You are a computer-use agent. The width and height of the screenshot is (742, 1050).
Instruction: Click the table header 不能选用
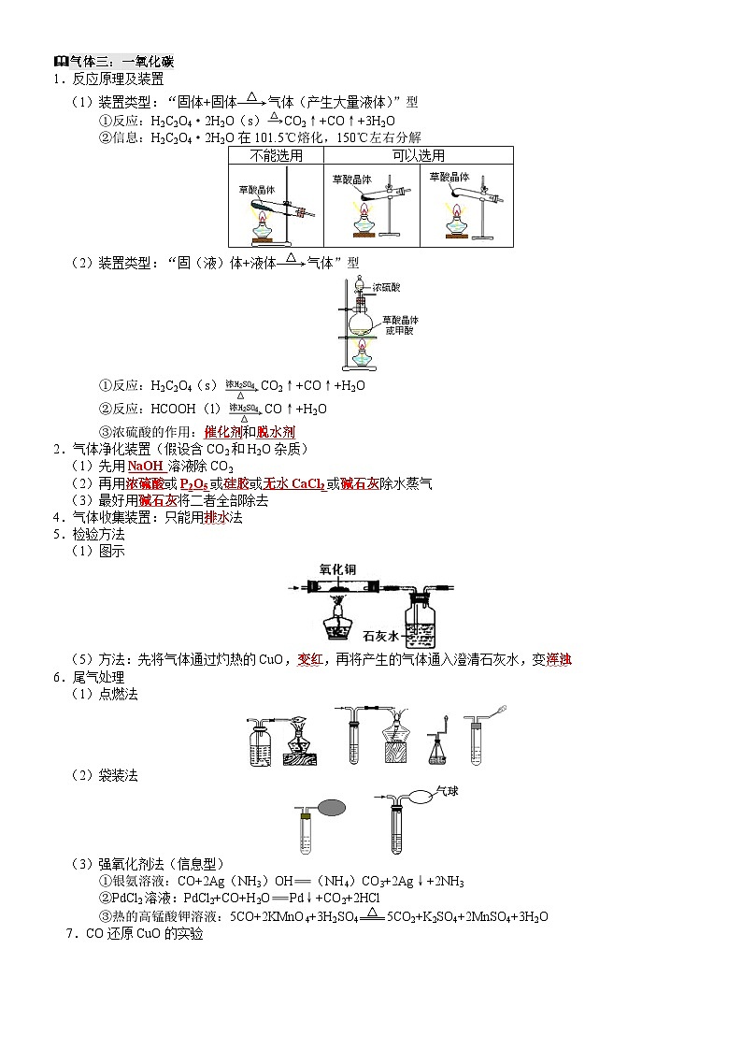click(x=276, y=156)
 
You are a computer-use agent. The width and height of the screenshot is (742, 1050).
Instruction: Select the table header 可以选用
click(x=418, y=156)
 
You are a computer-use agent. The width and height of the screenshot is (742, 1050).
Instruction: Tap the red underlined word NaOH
click(x=145, y=467)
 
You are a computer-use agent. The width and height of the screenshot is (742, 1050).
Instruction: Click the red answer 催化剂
click(x=222, y=432)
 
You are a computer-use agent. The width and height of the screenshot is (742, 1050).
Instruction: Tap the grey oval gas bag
click(x=334, y=806)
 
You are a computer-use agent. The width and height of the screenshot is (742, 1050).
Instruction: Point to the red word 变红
click(x=309, y=660)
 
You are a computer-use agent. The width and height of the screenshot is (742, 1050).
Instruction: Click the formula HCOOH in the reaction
click(x=171, y=409)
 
